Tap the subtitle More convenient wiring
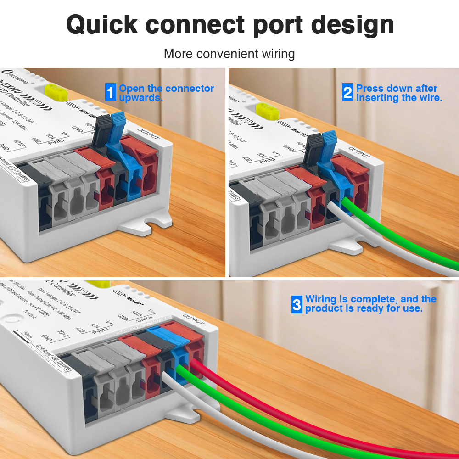pyautogui.click(x=229, y=54)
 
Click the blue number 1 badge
pyautogui.click(x=110, y=92)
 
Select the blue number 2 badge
pyautogui.click(x=348, y=92)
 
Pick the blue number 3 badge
pyautogui.click(x=297, y=304)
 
